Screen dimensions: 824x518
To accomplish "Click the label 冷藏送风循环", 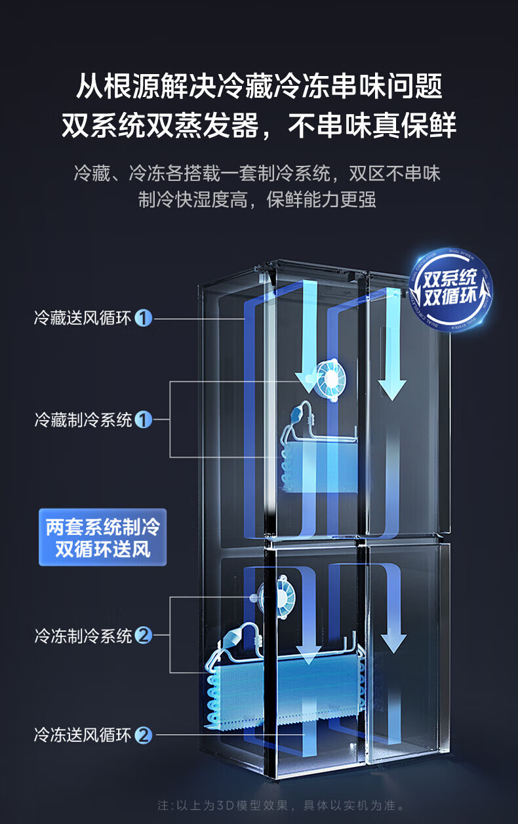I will [x=83, y=319].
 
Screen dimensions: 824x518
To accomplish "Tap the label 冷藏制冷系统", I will [x=83, y=420].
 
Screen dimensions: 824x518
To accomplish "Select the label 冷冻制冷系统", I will [x=83, y=635].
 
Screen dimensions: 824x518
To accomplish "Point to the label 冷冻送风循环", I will [x=83, y=735].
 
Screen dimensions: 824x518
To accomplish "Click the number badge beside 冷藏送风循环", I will [x=143, y=319].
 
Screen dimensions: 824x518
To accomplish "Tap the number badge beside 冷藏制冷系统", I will [x=143, y=420].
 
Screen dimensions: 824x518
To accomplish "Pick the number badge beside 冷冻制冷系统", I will [x=143, y=635].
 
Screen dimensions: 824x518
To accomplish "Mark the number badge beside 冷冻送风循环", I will [x=143, y=735].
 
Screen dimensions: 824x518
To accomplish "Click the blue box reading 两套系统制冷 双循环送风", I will [x=102, y=538].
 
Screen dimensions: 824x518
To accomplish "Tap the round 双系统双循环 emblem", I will [x=449, y=289].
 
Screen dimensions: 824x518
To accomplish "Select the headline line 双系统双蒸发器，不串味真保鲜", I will [x=259, y=125].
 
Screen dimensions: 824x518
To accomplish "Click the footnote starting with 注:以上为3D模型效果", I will [x=282, y=805].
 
